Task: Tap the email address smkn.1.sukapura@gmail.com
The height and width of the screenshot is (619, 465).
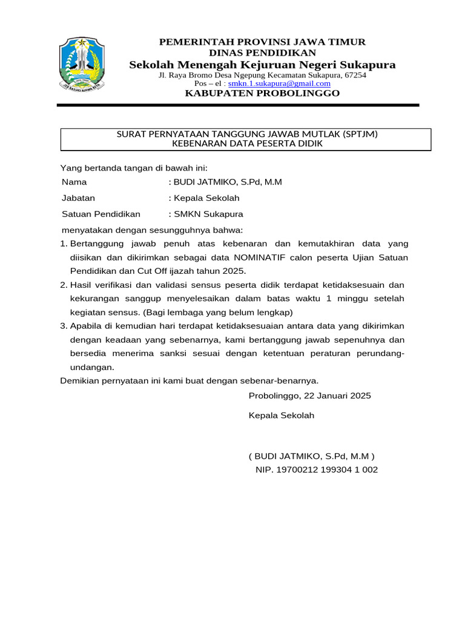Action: tap(279, 83)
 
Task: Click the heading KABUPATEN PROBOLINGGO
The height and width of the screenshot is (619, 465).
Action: tap(262, 93)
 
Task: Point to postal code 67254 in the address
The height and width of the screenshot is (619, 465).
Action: tap(355, 75)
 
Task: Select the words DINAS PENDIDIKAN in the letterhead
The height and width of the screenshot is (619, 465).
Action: tap(262, 53)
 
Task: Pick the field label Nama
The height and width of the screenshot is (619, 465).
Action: tap(74, 181)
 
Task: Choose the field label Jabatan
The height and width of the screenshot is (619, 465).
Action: tap(78, 198)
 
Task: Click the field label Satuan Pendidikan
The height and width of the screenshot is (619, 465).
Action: tap(101, 214)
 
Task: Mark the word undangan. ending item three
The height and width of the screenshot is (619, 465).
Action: tap(92, 367)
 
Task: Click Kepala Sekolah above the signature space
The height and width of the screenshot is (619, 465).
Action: tap(282, 416)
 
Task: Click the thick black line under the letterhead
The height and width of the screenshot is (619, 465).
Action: tap(238, 105)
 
